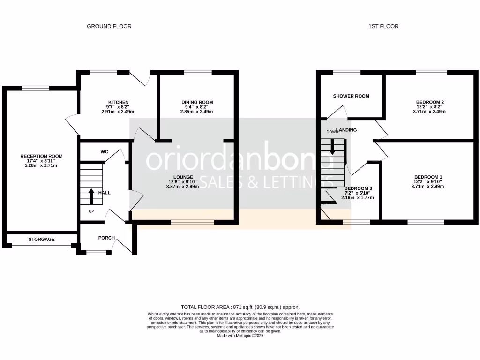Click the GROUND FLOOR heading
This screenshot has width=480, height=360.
point(109,26)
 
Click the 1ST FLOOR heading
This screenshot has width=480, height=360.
point(383,26)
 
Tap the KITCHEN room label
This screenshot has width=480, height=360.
point(118,102)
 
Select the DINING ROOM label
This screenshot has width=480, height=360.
point(197,102)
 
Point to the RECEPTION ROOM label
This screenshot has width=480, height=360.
point(41,156)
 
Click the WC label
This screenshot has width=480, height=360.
point(105,152)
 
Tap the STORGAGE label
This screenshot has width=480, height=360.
point(41,239)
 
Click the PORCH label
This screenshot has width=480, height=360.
point(106,238)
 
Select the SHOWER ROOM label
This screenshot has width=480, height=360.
point(351,96)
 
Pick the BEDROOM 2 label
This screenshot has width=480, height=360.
point(429,102)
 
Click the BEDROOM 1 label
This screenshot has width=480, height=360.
point(428,177)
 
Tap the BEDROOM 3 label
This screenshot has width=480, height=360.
point(358,188)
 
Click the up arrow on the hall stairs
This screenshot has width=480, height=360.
point(90,196)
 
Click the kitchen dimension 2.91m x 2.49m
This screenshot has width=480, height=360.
point(118,112)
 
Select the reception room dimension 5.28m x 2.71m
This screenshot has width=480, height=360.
point(41,165)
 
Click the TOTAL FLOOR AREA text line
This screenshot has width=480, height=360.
point(240,307)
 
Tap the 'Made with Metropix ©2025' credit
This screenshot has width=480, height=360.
point(240,335)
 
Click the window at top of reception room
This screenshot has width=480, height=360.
point(36,88)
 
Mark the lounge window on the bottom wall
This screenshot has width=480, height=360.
point(193,222)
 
